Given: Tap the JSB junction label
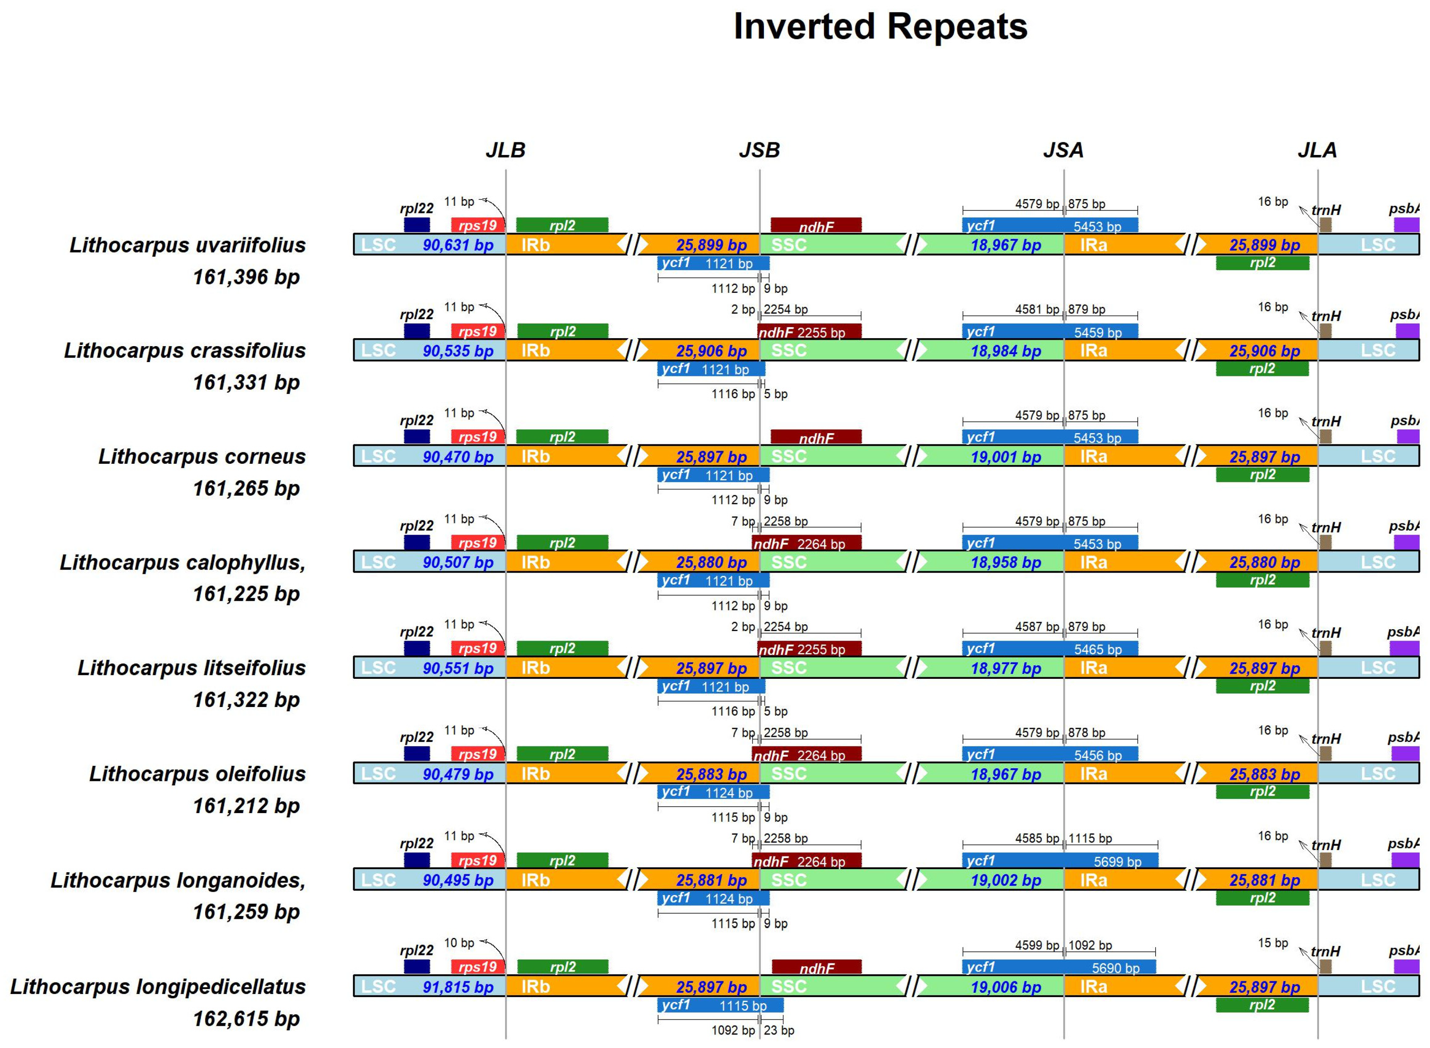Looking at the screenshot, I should coord(759,150).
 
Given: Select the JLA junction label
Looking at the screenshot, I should coord(1317,150).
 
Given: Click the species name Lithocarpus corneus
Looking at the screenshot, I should coord(202,457).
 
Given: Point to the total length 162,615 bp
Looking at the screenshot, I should coord(246,1019).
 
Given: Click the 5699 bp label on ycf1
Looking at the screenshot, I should coord(1117,862).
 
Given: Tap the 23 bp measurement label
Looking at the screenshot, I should coord(779,1030).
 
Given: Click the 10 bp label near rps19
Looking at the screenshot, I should coord(459,943).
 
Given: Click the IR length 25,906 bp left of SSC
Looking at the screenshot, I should coord(711,351).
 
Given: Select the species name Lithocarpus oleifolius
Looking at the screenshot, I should coord(197,774).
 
